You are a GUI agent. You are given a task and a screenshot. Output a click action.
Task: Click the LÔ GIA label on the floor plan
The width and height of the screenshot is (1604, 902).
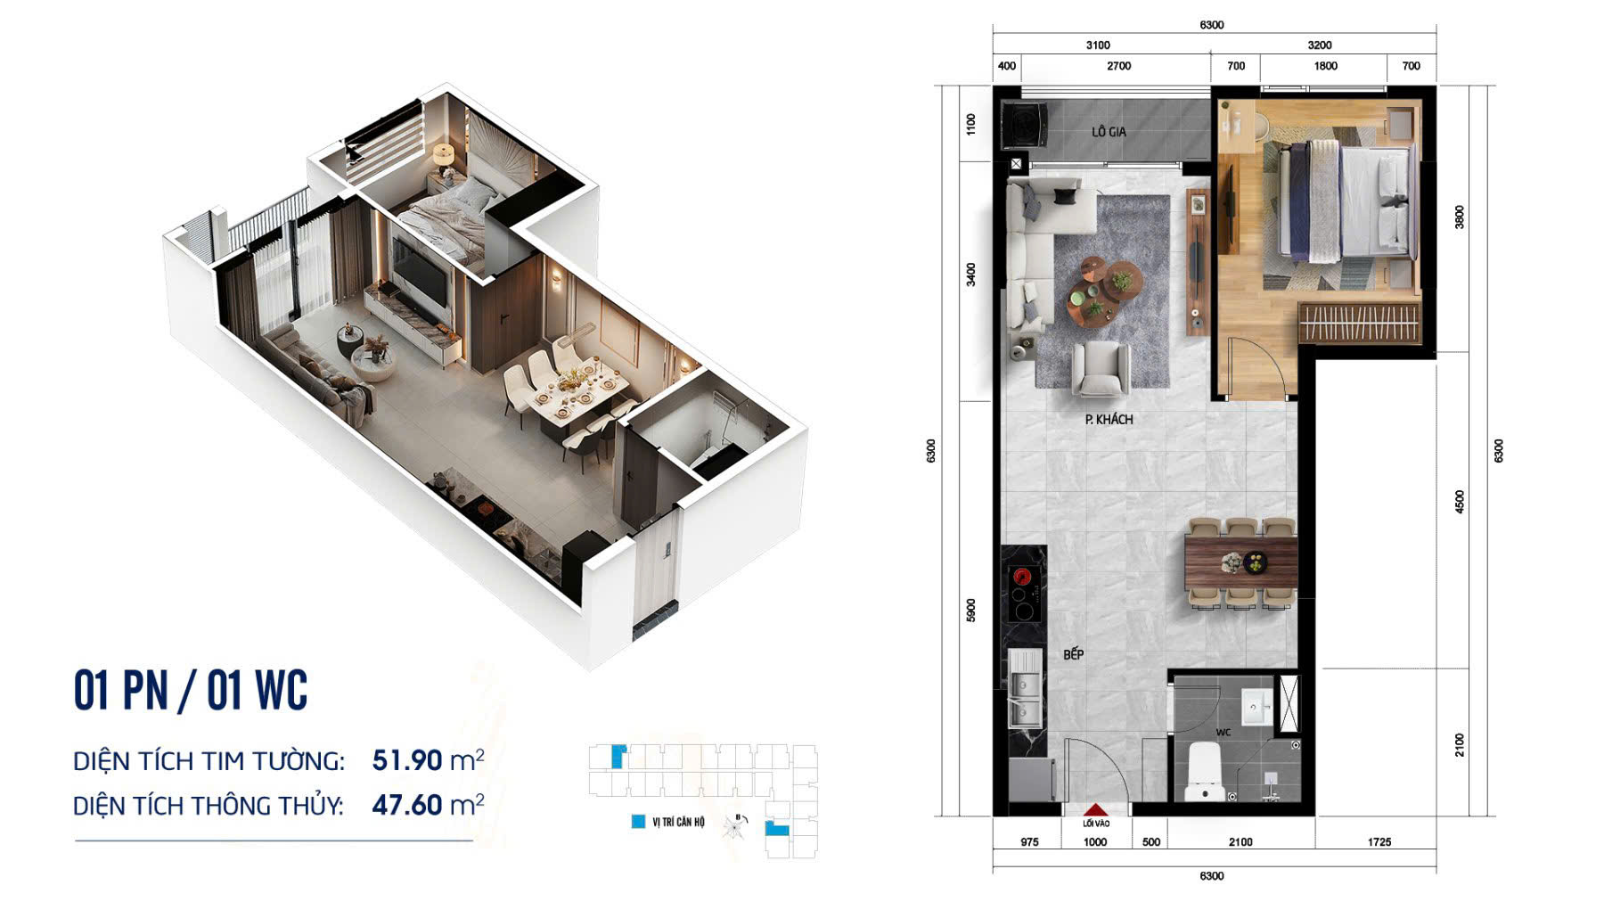(x=1109, y=132)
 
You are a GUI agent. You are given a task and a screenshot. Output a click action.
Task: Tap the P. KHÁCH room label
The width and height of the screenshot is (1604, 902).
(x=1109, y=419)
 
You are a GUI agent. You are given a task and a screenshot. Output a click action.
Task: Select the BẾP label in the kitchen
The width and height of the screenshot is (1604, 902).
(x=1073, y=654)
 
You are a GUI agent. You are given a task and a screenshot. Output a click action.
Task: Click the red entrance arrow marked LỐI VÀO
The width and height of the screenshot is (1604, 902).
(x=1095, y=810)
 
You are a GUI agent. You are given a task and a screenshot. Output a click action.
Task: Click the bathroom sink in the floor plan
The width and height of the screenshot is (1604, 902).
(x=1257, y=706)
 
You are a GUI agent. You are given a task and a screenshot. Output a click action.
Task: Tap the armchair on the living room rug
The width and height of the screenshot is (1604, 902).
(x=1101, y=369)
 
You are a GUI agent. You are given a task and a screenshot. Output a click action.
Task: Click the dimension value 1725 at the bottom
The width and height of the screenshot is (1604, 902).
(x=1379, y=841)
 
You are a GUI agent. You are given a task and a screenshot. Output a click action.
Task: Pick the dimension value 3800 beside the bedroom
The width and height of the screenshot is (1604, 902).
(x=1459, y=217)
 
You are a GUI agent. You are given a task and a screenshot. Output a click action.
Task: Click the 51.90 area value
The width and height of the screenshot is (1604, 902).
(x=407, y=760)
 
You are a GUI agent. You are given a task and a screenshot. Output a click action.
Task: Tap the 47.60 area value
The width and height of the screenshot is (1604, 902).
(x=407, y=805)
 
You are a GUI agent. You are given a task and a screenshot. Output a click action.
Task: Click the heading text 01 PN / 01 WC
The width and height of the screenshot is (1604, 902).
(x=191, y=690)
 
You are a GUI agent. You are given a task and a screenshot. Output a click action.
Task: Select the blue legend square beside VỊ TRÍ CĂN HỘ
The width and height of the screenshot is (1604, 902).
(x=638, y=822)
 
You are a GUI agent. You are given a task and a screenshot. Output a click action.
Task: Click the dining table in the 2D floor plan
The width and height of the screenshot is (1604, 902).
(x=1241, y=563)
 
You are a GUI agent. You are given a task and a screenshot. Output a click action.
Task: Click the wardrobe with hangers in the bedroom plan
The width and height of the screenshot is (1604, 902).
(x=1358, y=322)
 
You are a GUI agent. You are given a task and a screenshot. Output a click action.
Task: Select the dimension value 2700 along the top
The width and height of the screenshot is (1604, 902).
(x=1118, y=66)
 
